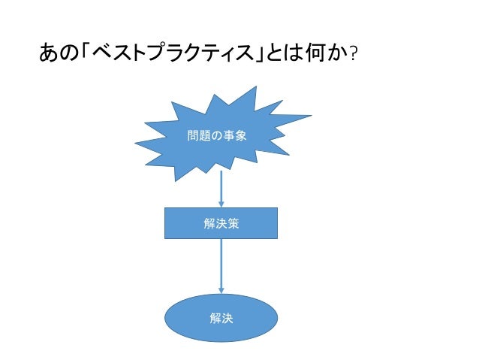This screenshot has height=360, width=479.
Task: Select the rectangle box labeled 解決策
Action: pyautogui.click(x=221, y=223)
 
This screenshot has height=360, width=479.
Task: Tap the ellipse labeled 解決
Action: pyautogui.click(x=221, y=318)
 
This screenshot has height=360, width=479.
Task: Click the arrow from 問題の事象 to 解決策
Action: pyautogui.click(x=221, y=188)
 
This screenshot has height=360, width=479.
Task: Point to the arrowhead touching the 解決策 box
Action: pyautogui.click(x=221, y=204)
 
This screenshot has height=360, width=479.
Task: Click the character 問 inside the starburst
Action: pyautogui.click(x=192, y=136)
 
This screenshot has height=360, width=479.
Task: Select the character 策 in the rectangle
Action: pyautogui.click(x=234, y=223)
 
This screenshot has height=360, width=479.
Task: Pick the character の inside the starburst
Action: pyautogui.click(x=217, y=136)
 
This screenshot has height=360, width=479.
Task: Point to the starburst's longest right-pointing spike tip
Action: pyautogui.click(x=311, y=116)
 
